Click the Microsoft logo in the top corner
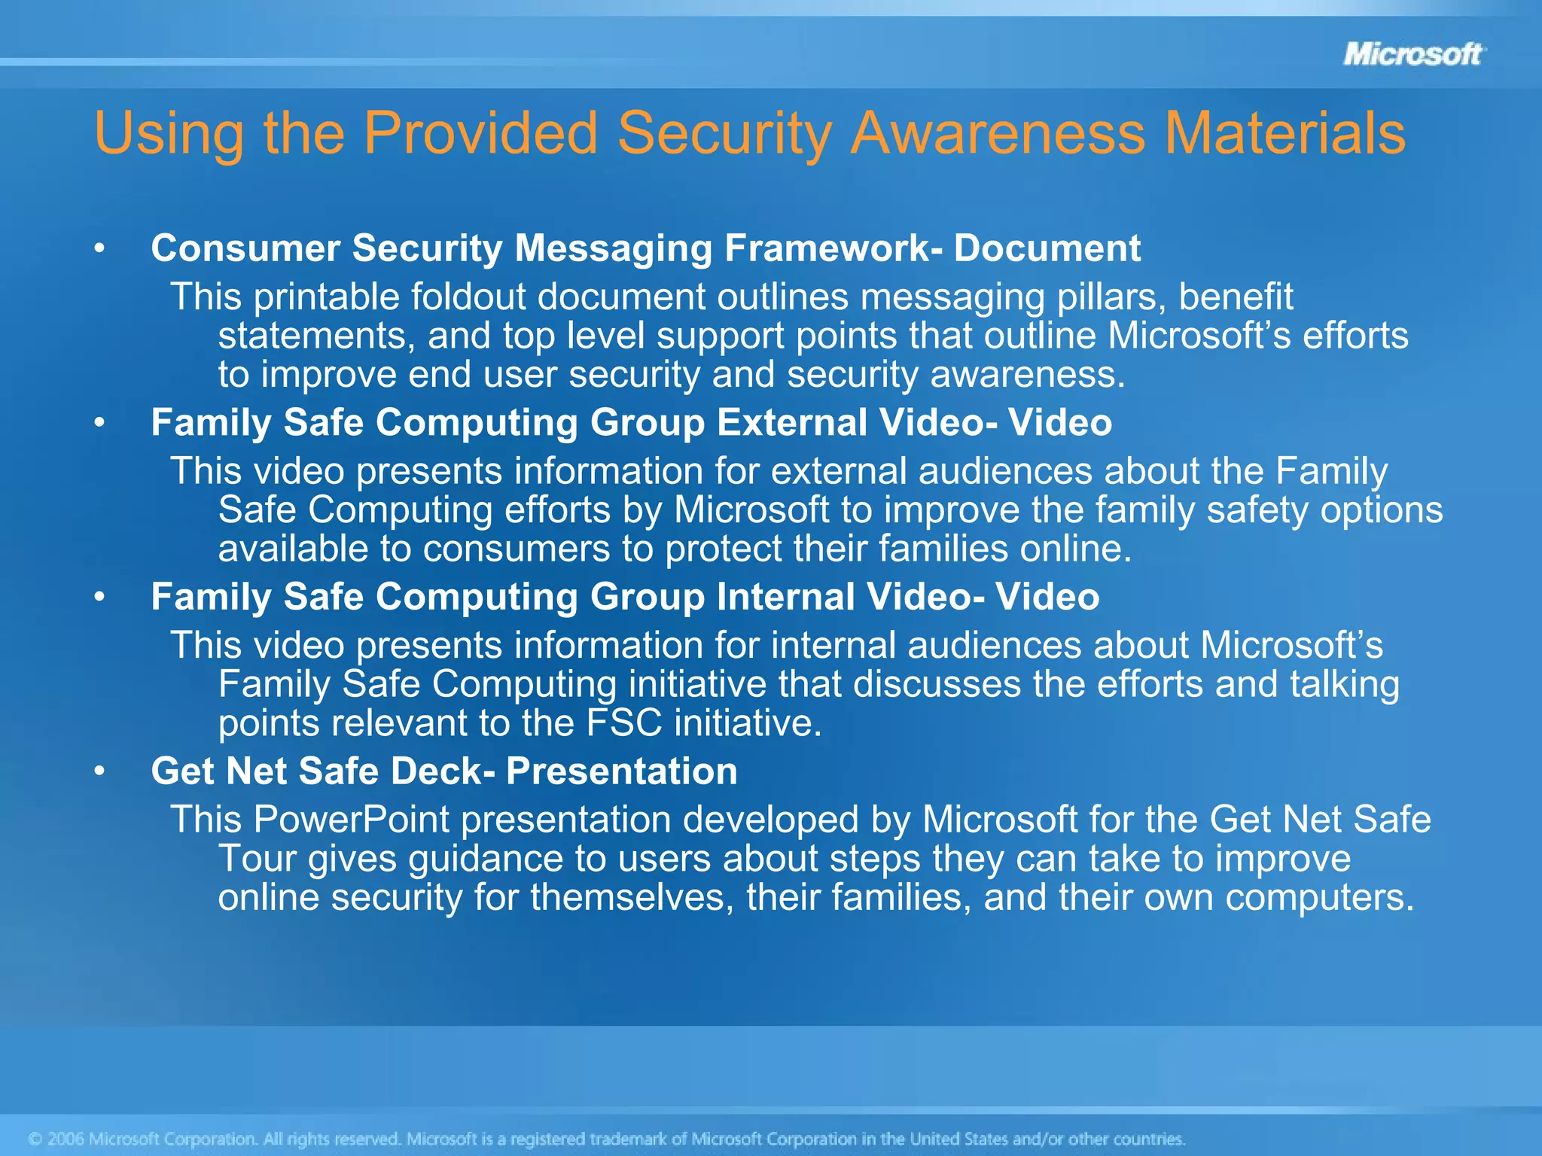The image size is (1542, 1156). (1412, 54)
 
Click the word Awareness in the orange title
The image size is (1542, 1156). (998, 134)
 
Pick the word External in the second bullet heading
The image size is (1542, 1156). (792, 422)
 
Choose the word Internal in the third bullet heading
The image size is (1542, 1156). (785, 597)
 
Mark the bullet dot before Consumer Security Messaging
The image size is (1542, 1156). (99, 248)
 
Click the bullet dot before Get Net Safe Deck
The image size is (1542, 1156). (99, 771)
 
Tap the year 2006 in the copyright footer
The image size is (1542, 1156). (66, 1139)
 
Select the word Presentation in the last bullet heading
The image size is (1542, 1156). (621, 771)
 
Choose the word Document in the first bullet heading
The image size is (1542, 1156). (1047, 248)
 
